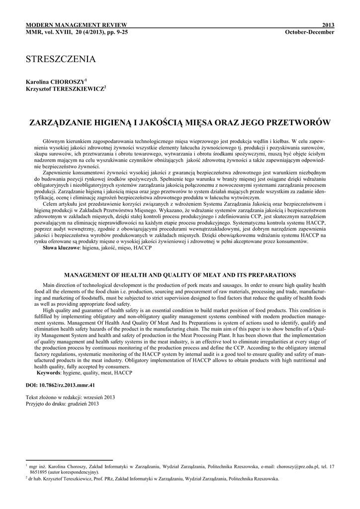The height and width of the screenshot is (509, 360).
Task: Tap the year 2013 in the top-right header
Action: (328, 25)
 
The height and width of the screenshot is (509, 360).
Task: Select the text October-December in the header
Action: (310, 32)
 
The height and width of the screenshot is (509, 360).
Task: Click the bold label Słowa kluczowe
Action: (62, 247)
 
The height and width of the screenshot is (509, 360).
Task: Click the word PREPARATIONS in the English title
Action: (271, 274)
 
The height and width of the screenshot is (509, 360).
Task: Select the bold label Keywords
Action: (51, 372)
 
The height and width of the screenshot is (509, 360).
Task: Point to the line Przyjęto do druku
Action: (62, 404)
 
